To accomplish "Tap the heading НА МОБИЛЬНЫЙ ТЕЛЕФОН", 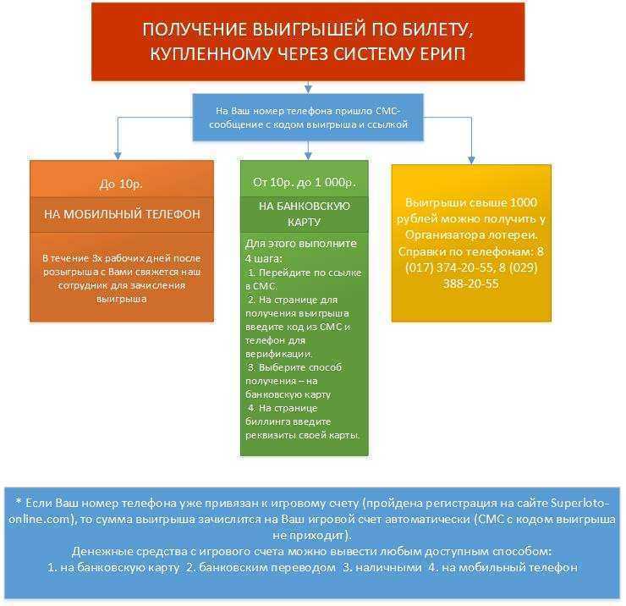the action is coord(122,214).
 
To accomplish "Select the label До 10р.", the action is coord(121,184).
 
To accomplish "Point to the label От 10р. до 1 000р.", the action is coord(305,182).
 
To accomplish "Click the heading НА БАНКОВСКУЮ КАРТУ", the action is coord(305,214).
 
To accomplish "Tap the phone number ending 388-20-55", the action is coord(471,284).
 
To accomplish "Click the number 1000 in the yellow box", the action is coord(524,202).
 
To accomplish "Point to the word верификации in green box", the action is coord(278,354).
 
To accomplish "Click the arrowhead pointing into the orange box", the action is coord(118,156).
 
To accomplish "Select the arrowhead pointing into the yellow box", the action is coord(471,160).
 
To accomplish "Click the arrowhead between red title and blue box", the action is coord(308,89).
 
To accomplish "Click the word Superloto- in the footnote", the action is coord(580,503).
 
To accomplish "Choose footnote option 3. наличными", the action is coord(382,567).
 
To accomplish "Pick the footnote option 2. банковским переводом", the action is coord(261,567).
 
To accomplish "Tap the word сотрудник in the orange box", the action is coord(77,285).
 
